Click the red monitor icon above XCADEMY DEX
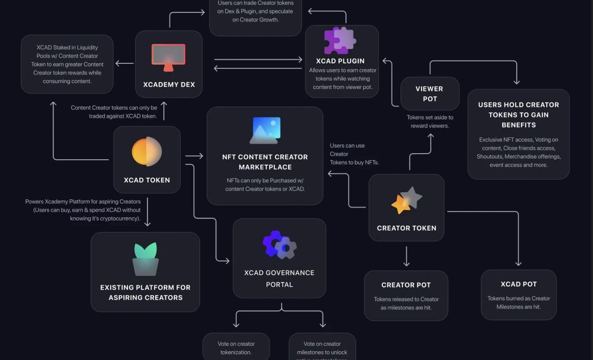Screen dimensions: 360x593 coord(168,57)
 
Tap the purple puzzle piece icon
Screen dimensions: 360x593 coord(340,41)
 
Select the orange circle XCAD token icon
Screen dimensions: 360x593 coord(147,152)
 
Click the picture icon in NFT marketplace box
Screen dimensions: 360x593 coord(265,130)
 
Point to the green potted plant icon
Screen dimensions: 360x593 coord(145,259)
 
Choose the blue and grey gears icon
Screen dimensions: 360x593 coord(279,245)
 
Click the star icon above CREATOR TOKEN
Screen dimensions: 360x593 coord(406,201)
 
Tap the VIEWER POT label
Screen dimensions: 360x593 coord(430,94)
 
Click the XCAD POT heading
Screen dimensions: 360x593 coord(518,284)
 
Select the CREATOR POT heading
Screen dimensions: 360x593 coord(406,285)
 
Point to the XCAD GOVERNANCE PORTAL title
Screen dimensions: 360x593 coord(279,279)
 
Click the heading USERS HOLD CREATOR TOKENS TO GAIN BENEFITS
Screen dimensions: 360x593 coord(518,115)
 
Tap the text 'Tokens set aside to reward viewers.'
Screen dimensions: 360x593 coord(430,122)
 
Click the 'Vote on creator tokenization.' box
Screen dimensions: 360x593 coord(236,348)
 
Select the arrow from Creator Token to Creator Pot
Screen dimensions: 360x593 coord(406,257)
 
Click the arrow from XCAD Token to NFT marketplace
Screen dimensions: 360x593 coord(194,156)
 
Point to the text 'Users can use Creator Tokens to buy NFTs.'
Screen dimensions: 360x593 coord(354,154)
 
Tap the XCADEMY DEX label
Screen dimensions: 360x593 coord(168,84)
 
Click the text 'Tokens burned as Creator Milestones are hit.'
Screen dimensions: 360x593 coord(518,302)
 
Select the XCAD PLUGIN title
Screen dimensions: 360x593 coord(340,61)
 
